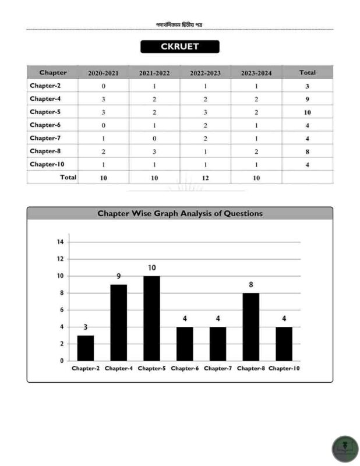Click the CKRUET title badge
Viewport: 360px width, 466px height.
[x=179, y=47]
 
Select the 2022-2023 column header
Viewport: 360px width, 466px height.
[x=205, y=73]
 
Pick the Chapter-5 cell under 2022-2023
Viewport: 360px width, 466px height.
[x=205, y=112]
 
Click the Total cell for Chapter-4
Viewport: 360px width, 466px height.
[x=307, y=99]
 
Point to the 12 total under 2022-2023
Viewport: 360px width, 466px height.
[x=205, y=178]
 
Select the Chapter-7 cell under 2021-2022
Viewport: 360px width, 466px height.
[x=154, y=138]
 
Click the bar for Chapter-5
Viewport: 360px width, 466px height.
[x=151, y=318]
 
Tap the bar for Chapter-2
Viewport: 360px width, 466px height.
[x=86, y=348]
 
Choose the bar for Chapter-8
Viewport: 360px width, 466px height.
[x=250, y=326]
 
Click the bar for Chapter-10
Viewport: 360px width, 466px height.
[x=284, y=344]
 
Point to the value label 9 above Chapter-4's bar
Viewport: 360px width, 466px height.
[x=118, y=277]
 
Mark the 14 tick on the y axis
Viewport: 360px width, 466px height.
[x=60, y=242]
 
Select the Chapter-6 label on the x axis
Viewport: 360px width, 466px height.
[x=185, y=368]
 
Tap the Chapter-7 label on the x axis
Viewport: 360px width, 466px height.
[x=218, y=368]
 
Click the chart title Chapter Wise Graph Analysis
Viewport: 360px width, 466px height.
[x=179, y=214]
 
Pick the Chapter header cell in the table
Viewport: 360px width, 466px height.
[x=52, y=73]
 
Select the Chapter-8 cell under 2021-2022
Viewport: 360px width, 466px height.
[x=154, y=151]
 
